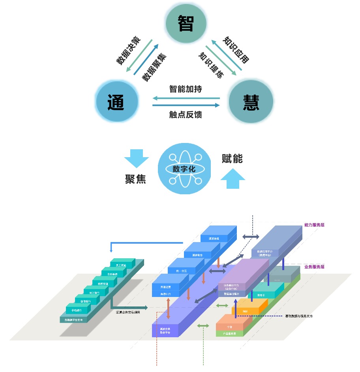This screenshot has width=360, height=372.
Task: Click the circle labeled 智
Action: pyautogui.click(x=186, y=23)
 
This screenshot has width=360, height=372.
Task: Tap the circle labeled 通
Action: pyautogui.click(x=116, y=101)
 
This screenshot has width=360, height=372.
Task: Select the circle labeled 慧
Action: pyautogui.click(x=251, y=101)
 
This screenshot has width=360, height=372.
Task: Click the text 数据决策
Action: pyautogui.click(x=128, y=51)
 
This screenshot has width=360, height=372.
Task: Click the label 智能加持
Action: pyautogui.click(x=186, y=89)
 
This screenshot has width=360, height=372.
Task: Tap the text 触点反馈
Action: pyautogui.click(x=186, y=115)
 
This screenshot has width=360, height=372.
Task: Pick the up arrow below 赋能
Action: pyautogui.click(x=233, y=180)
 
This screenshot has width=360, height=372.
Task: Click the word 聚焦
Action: pyautogui.click(x=136, y=179)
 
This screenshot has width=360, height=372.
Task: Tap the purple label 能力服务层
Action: pyautogui.click(x=314, y=225)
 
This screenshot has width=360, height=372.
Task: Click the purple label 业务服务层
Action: pyautogui.click(x=314, y=267)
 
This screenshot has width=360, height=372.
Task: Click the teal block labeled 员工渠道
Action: pyautogui.click(x=119, y=265)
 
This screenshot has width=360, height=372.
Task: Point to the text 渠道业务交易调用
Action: pyautogui.click(x=127, y=312)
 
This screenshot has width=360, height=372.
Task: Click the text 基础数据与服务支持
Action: pyautogui.click(x=298, y=316)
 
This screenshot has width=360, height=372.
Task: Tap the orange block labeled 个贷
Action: pyautogui.click(x=230, y=326)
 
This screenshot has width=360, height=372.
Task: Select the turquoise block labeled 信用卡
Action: pyautogui.click(x=260, y=294)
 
